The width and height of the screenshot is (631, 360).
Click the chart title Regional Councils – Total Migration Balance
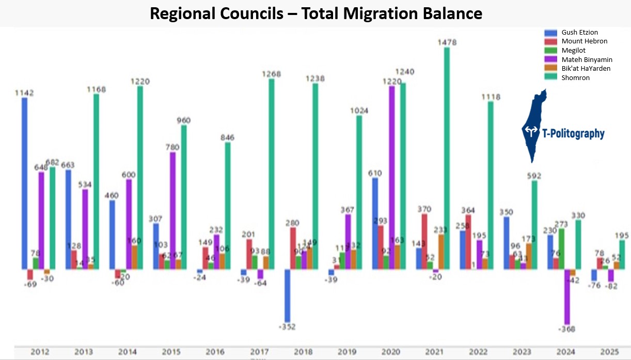pyautogui.click(x=315, y=13)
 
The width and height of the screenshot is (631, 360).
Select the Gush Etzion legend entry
pyautogui.click(x=579, y=32)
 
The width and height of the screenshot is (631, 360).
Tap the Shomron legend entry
pyautogui.click(x=575, y=78)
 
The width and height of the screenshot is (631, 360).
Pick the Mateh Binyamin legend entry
pyautogui.click(x=587, y=59)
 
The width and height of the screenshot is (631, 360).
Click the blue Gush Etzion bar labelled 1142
pyautogui.click(x=24, y=183)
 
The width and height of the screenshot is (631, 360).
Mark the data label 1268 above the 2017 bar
pyautogui.click(x=271, y=74)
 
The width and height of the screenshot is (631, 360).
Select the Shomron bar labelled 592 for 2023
pyautogui.click(x=534, y=225)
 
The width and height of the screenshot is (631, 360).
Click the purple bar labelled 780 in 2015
pyautogui.click(x=172, y=210)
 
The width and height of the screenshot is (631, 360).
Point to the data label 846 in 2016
pyautogui.click(x=227, y=137)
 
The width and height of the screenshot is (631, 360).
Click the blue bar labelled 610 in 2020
pyautogui.click(x=375, y=223)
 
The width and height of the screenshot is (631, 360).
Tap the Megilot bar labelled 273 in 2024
pyautogui.click(x=561, y=248)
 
